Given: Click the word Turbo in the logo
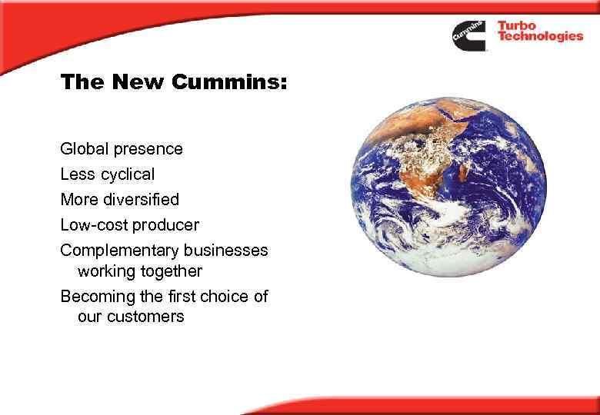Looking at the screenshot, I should [517, 26].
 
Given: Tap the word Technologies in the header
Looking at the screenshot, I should [539, 38].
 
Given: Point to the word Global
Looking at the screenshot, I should [82, 148].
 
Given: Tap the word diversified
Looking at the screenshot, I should [142, 199].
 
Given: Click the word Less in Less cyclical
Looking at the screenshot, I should [75, 174].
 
